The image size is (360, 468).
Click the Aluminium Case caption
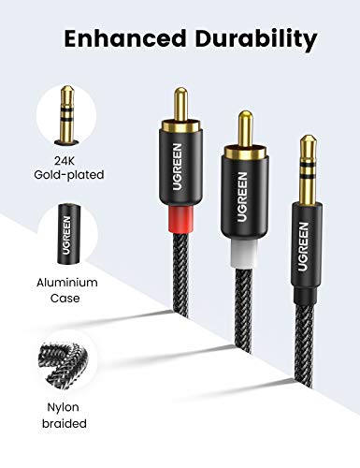click(x=68, y=289)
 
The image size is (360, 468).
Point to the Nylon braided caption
click(x=68, y=416)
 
